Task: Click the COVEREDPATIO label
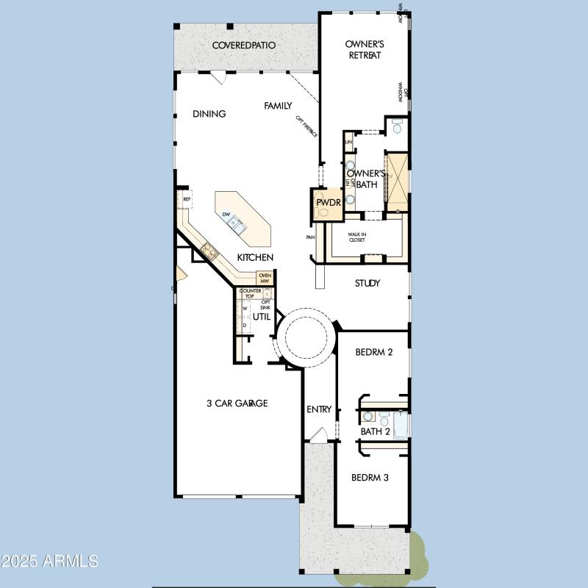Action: (244, 46)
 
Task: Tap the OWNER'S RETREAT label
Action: (365, 50)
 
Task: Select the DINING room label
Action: (209, 114)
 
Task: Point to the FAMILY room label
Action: (279, 106)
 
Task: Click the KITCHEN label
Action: (255, 257)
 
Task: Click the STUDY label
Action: (367, 283)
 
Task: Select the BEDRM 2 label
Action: (374, 352)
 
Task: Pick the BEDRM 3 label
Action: (370, 478)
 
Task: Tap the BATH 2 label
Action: (375, 431)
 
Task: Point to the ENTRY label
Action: (319, 409)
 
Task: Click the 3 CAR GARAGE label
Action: (236, 403)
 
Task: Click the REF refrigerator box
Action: (187, 199)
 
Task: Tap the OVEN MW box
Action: (265, 278)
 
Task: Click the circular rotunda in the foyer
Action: (305, 338)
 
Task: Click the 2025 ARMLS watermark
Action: (50, 562)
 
